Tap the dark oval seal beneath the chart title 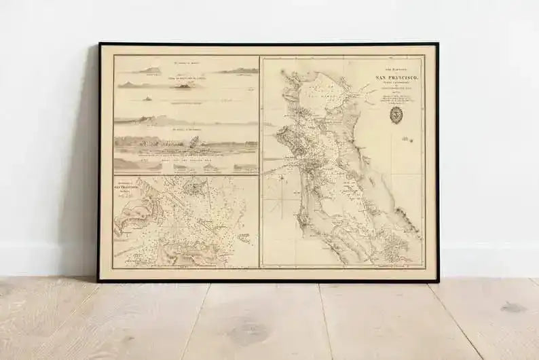click(x=396, y=115)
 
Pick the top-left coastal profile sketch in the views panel click(x=147, y=71)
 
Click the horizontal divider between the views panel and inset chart click(x=185, y=175)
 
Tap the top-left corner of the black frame click(x=100, y=44)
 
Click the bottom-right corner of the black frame click(x=437, y=281)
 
